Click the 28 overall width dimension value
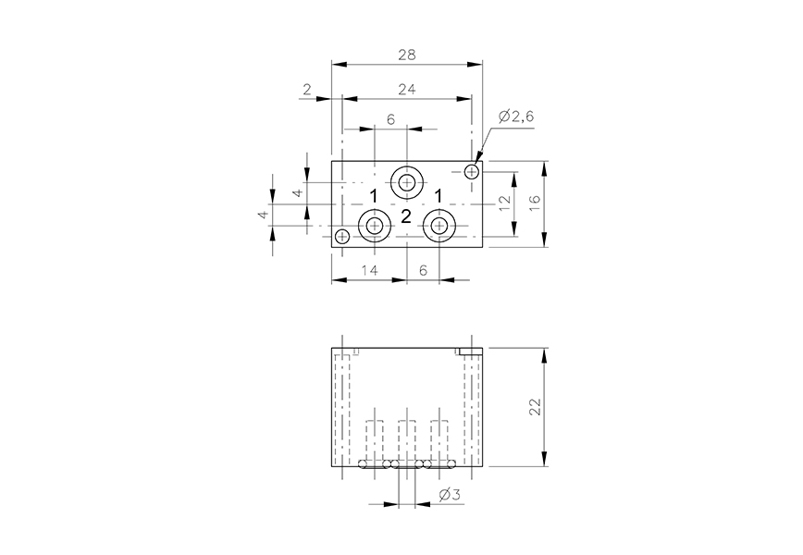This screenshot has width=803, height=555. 406,55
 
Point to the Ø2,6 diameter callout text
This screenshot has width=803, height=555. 515,116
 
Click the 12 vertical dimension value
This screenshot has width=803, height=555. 504,204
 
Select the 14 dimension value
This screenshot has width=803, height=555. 368,270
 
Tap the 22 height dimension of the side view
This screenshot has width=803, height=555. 534,408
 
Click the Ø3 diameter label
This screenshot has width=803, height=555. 450,496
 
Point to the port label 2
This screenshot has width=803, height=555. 405,217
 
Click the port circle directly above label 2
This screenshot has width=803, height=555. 406,181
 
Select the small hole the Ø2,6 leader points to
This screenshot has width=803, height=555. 473,171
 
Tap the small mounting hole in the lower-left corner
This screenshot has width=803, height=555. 342,236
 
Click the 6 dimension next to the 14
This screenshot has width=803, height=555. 423,270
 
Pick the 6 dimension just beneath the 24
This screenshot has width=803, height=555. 390,120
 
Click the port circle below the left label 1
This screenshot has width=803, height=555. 375,225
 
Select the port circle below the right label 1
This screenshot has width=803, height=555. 438,225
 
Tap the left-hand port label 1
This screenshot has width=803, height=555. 374,197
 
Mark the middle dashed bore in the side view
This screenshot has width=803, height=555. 405,438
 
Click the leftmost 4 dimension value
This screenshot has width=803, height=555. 263,215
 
